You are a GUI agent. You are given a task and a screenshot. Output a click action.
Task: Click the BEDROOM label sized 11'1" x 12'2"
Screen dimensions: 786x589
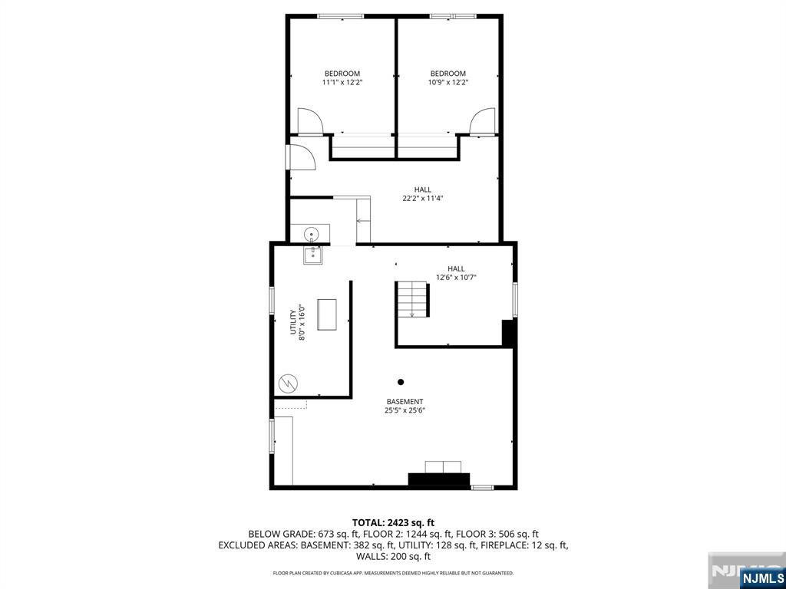point(342,73)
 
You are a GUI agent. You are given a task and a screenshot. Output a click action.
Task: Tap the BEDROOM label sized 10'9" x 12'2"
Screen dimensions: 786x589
point(447,73)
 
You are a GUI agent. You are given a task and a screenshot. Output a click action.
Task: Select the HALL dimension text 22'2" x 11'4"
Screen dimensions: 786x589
point(422,199)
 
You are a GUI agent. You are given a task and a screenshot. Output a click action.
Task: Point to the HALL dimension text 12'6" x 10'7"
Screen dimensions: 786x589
point(456,277)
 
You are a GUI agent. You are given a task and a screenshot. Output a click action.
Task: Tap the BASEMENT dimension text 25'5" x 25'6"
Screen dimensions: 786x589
point(405,410)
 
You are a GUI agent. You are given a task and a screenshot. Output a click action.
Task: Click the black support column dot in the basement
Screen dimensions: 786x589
point(401,382)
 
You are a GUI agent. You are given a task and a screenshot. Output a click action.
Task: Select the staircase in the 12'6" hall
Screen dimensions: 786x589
point(412,299)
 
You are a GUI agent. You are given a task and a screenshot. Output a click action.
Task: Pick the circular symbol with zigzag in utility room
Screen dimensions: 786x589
point(288,383)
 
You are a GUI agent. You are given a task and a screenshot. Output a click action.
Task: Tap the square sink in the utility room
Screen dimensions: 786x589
point(313,255)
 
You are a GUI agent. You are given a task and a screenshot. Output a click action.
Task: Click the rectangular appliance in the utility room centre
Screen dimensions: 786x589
point(327,314)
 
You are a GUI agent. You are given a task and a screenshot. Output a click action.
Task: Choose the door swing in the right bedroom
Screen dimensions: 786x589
point(483,121)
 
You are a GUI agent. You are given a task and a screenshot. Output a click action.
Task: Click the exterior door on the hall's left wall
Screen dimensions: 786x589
point(300,157)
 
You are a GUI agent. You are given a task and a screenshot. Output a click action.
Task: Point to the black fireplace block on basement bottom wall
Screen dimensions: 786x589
point(439,479)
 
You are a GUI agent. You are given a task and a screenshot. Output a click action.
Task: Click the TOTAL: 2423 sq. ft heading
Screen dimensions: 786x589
point(393,523)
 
